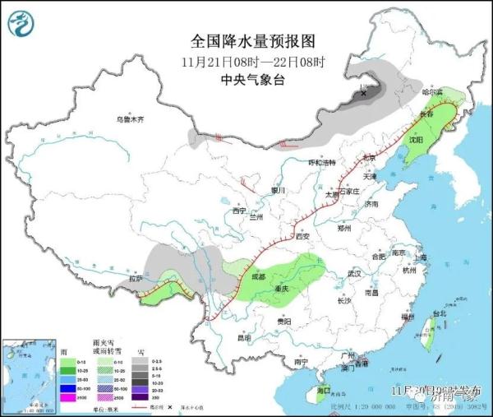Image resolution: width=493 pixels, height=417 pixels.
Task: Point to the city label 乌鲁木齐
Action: [129, 119]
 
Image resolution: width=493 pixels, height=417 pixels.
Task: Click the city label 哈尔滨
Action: [432, 92]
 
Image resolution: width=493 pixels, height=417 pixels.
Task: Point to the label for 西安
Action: [301, 237]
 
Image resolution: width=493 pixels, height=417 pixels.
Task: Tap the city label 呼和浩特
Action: [316, 163]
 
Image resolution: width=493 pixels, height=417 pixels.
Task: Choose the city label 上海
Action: [421, 257]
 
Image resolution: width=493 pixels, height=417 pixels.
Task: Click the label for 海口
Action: [323, 389]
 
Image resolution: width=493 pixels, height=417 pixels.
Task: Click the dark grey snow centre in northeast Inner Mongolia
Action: [362, 94]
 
